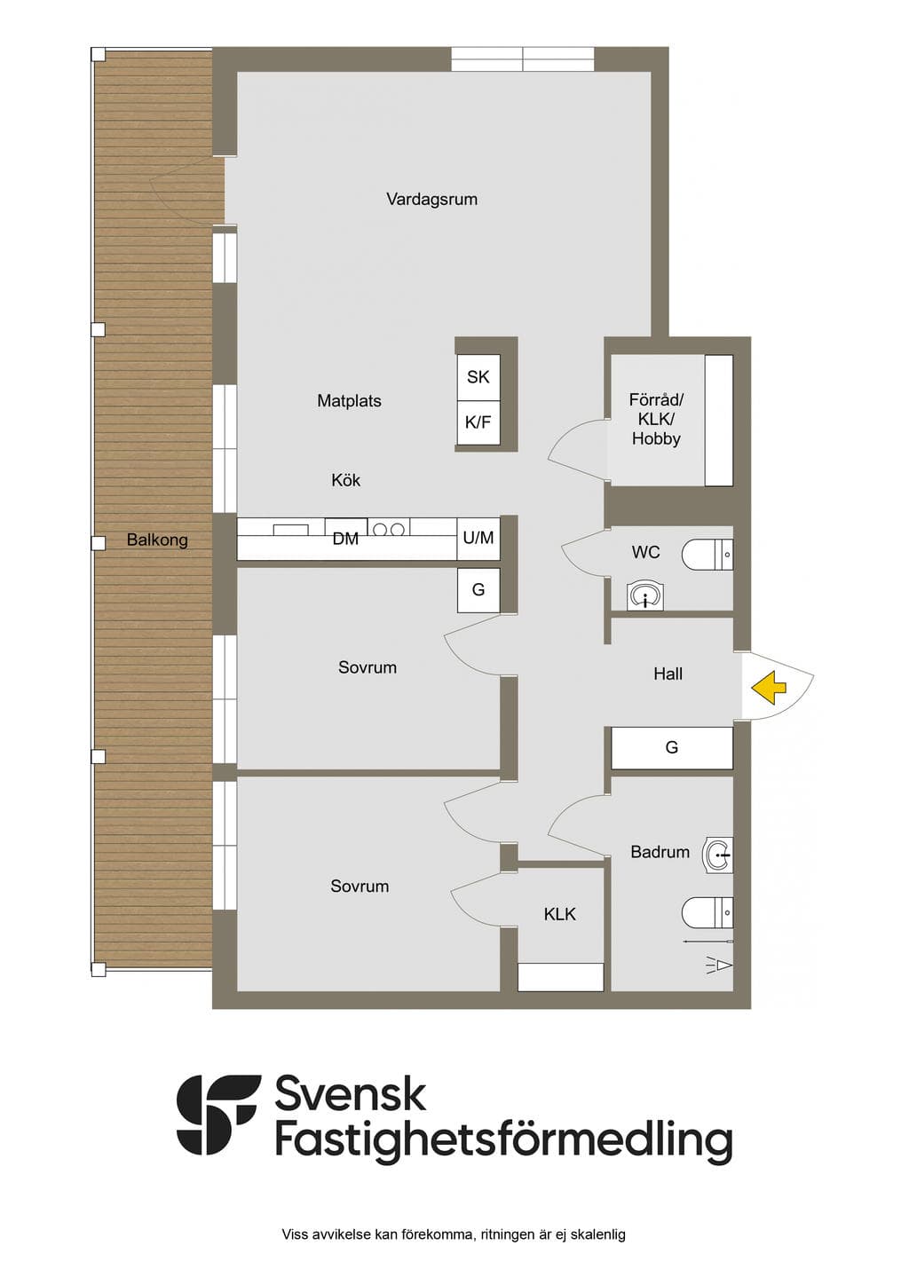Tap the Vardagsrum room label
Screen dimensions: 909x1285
click(431, 199)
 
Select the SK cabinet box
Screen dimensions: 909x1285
click(478, 377)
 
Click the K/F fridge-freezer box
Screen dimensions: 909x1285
click(478, 422)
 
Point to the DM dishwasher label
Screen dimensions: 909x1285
click(345, 539)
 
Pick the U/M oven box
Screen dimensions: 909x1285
click(478, 539)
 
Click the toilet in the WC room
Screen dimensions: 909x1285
click(707, 555)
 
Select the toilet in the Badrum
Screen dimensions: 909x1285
click(707, 912)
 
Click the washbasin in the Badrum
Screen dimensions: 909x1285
click(718, 855)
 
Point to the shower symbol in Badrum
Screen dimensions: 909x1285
click(718, 965)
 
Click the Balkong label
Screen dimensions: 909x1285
click(157, 540)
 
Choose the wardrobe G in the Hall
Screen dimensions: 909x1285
click(672, 747)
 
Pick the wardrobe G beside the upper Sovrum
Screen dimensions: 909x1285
click(478, 590)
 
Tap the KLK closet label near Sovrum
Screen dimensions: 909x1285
click(559, 914)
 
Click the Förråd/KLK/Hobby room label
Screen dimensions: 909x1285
click(656, 419)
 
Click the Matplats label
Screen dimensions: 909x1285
click(349, 400)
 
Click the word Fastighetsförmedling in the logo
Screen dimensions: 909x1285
click(504, 1140)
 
